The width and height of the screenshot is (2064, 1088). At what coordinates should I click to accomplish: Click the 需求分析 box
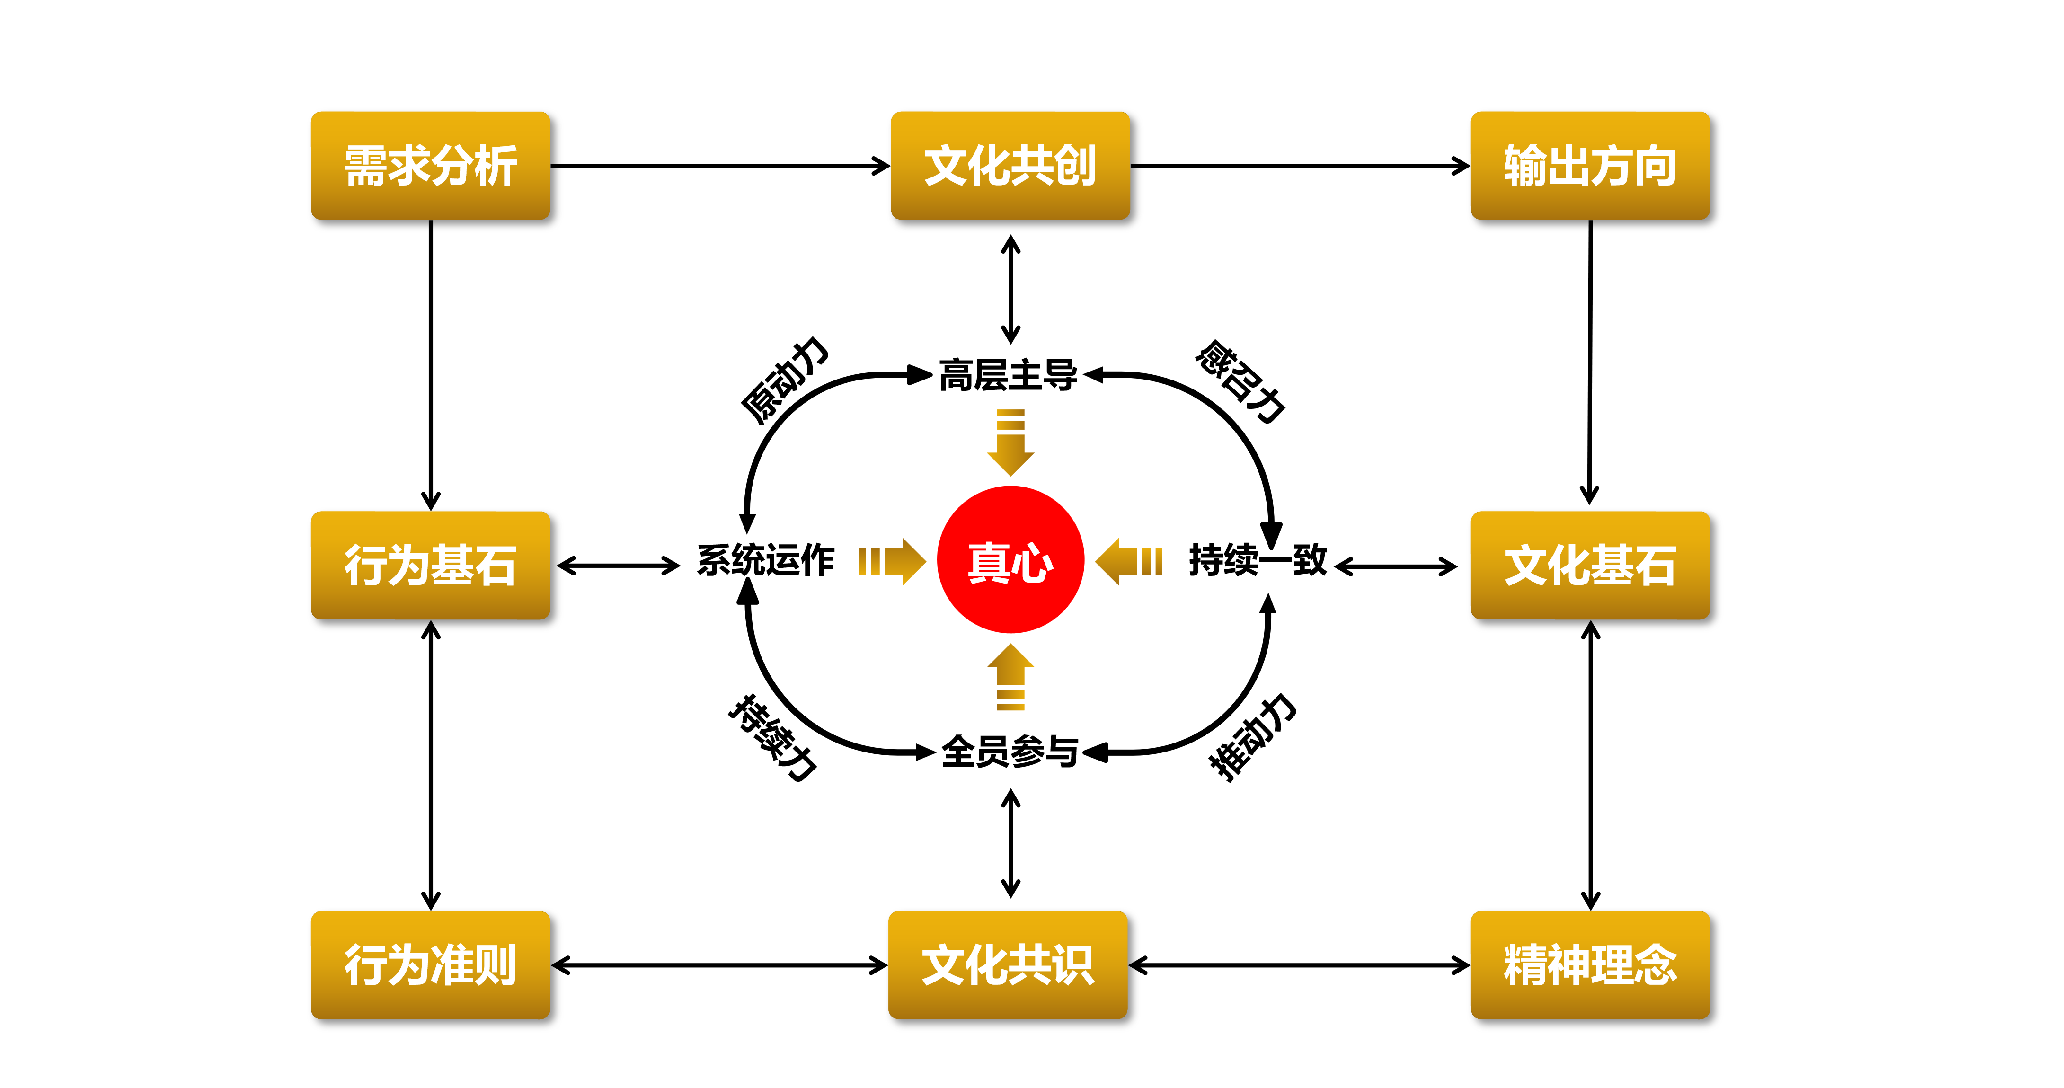(x=430, y=166)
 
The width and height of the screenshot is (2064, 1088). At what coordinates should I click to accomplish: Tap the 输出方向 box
(x=1590, y=166)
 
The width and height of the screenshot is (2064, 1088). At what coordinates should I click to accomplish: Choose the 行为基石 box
(x=430, y=565)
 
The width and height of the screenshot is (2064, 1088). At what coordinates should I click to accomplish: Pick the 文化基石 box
(x=1590, y=565)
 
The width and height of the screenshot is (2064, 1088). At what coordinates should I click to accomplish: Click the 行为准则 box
(x=430, y=964)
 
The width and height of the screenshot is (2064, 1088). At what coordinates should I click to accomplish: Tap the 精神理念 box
(x=1590, y=964)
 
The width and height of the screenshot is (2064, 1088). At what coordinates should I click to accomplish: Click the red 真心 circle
(x=1010, y=560)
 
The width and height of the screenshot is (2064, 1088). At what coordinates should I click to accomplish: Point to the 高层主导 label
(x=1008, y=375)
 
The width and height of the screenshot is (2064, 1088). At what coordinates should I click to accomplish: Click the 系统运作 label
(x=765, y=560)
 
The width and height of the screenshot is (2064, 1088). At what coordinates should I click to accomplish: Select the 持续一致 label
(x=1258, y=560)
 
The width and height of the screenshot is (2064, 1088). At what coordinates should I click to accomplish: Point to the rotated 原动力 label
(x=784, y=380)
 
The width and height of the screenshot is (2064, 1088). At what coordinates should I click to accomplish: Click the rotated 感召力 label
(x=1240, y=380)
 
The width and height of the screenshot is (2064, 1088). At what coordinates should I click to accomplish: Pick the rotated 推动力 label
(x=1251, y=736)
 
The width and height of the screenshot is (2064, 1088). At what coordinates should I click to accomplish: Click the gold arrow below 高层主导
(x=1010, y=443)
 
